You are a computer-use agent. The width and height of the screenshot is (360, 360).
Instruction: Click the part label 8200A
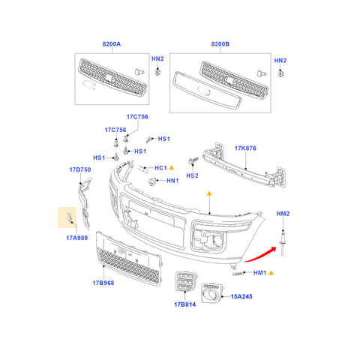[x=110, y=44]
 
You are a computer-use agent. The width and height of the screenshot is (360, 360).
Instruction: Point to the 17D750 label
[x=80, y=170]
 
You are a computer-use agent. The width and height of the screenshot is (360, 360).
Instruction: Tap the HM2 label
[x=283, y=214]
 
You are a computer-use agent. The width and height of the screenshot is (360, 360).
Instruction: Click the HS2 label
[x=192, y=175]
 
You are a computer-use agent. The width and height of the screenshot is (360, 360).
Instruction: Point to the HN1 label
[x=172, y=181]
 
